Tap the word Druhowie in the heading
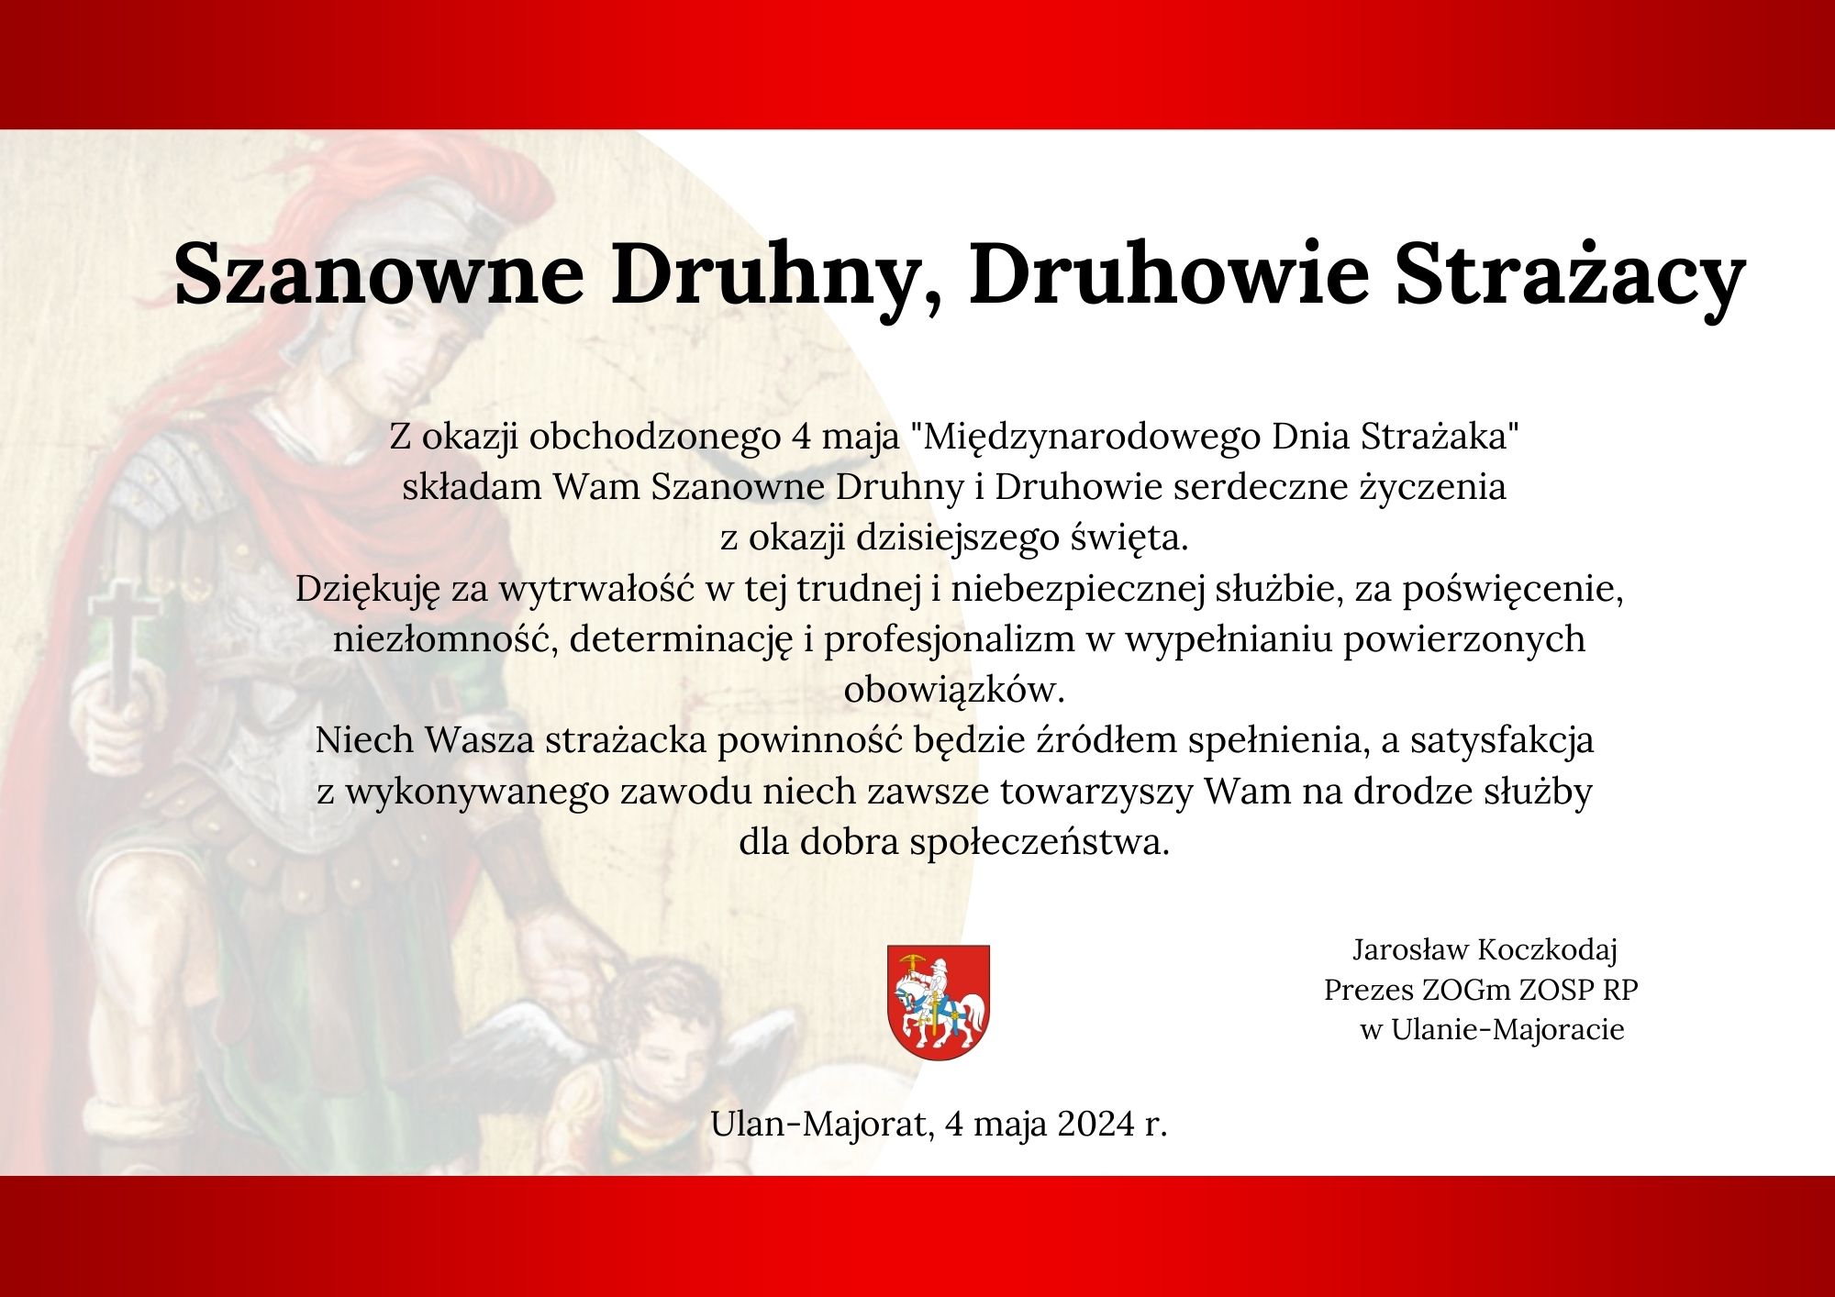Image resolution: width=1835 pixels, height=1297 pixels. coord(1170,272)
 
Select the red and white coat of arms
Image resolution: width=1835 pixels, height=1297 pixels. coord(938,1003)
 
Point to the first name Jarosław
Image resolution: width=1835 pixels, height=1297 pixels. coord(1412,950)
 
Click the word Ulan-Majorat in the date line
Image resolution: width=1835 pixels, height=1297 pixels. coord(821,1124)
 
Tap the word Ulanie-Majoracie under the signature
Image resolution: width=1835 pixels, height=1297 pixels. coord(1507,1029)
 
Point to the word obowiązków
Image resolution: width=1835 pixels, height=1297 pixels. coord(954,689)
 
